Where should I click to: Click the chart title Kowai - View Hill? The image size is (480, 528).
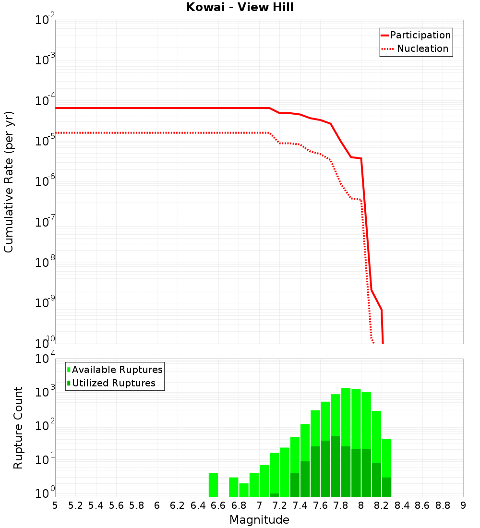pos(240,7)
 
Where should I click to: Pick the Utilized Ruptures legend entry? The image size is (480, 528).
pos(113,383)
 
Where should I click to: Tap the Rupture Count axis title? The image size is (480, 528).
pos(18,428)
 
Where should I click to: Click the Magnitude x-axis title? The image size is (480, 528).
pos(259,520)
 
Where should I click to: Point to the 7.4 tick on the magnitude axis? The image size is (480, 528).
pos(300,505)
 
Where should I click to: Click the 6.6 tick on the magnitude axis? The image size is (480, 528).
pos(218,505)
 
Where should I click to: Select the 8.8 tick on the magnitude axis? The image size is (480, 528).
pos(443,505)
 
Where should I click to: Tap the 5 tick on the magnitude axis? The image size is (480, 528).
pos(55,505)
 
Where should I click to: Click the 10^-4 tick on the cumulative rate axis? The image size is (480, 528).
pos(45,101)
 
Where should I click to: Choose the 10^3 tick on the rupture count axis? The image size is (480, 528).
pos(45,390)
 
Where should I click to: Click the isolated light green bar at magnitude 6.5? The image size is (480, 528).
pos(213,485)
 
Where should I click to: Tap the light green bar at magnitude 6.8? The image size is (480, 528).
pos(244,490)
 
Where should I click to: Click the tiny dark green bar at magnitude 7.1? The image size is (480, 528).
pos(274,495)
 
